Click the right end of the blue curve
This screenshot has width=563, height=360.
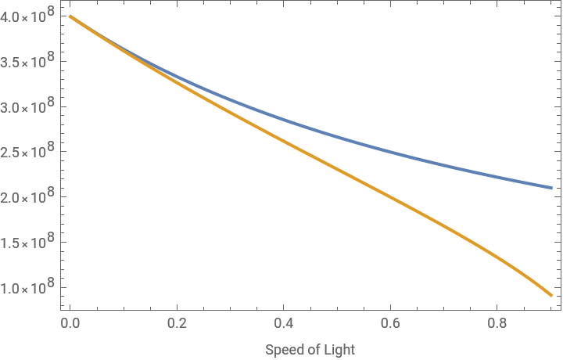click(551, 188)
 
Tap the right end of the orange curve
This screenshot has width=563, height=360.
click(551, 295)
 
